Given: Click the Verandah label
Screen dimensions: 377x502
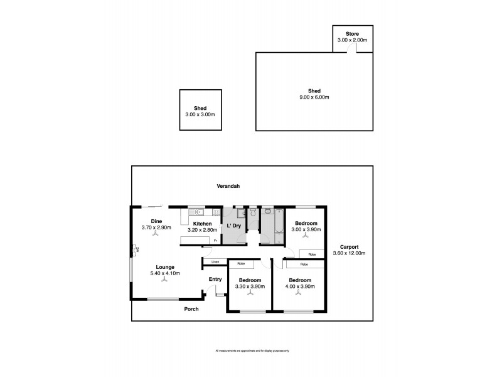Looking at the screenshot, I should (x=229, y=187).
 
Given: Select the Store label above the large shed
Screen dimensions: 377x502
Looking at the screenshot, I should (x=352, y=33).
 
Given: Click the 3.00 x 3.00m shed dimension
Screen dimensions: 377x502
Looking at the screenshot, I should (x=200, y=114).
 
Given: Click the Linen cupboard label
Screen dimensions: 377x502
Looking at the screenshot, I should (x=215, y=261).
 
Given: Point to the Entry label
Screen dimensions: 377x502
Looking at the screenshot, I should (x=215, y=280).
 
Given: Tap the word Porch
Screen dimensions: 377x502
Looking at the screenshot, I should (x=191, y=309).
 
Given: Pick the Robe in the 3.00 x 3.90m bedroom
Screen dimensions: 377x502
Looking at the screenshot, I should (x=311, y=254).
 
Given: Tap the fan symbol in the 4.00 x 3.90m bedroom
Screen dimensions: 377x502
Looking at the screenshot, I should (x=299, y=295).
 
